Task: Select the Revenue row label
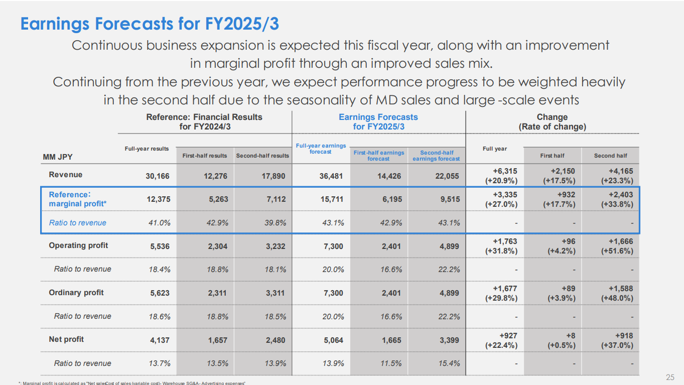pyautogui.click(x=66, y=175)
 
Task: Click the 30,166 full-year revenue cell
pyautogui.click(x=157, y=176)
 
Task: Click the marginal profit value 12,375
pyautogui.click(x=157, y=199)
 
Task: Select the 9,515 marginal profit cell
pyautogui.click(x=449, y=199)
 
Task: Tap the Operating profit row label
pyautogui.click(x=78, y=245)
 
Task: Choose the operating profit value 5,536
pyautogui.click(x=160, y=246)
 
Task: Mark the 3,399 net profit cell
pyautogui.click(x=449, y=340)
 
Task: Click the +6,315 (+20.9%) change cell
pyautogui.click(x=501, y=176)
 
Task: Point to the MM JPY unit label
pyautogui.click(x=58, y=157)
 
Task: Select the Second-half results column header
pyautogui.click(x=262, y=156)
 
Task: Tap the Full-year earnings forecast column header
pyautogui.click(x=321, y=149)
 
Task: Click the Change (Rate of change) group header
pyautogui.click(x=552, y=122)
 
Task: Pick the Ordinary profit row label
pyautogui.click(x=77, y=293)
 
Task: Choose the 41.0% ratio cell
pyautogui.click(x=160, y=223)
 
